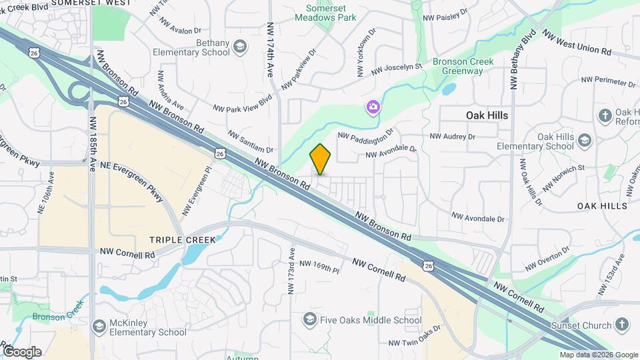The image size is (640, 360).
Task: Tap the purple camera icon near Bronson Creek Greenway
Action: click(373, 107)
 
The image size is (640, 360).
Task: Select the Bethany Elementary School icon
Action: click(239, 47)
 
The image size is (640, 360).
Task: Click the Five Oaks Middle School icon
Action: click(309, 321)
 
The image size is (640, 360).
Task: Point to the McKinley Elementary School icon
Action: click(99, 326)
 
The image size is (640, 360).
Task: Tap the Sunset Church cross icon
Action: click(621, 325)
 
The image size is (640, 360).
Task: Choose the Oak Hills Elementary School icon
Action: click(584, 141)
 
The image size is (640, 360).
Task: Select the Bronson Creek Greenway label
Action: click(463, 67)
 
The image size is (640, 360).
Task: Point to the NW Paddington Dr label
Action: click(367, 134)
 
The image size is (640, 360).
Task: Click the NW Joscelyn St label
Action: click(397, 68)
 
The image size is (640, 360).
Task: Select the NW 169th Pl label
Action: click(319, 267)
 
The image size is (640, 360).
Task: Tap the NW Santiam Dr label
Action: click(251, 142)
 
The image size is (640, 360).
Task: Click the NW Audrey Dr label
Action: click(453, 136)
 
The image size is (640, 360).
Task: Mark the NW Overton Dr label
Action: click(548, 258)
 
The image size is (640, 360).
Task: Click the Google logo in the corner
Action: click(21, 351)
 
